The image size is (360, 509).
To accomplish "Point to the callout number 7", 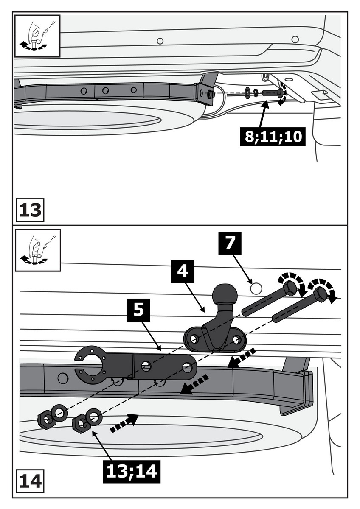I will click(229, 243).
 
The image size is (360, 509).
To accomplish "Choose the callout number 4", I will click(183, 271).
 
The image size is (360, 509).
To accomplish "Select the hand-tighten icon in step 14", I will click(37, 250).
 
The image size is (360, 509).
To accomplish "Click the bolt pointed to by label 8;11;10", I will click(272, 92).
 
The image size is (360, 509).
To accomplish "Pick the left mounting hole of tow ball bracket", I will click(194, 339).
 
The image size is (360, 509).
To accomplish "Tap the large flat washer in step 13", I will click(247, 92).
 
